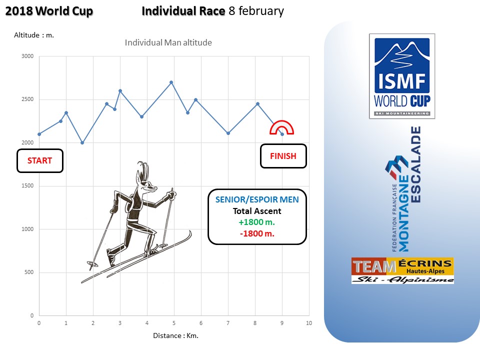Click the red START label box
point(40,160)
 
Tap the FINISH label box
point(283,156)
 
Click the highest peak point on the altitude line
point(171,82)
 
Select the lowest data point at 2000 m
point(82,142)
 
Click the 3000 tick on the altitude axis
point(27,56)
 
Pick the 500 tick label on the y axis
point(29,272)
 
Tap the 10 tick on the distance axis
point(309,323)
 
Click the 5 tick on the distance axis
point(174,323)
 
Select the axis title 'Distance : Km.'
point(175,336)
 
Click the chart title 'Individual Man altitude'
point(168,42)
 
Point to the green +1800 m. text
point(257,222)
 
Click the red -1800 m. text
point(257,233)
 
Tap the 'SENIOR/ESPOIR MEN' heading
point(257,199)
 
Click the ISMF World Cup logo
point(402,76)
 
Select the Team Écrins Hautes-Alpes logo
point(402,270)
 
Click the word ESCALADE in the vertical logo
point(415,164)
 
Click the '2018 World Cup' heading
point(49,11)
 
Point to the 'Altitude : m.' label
point(34,35)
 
